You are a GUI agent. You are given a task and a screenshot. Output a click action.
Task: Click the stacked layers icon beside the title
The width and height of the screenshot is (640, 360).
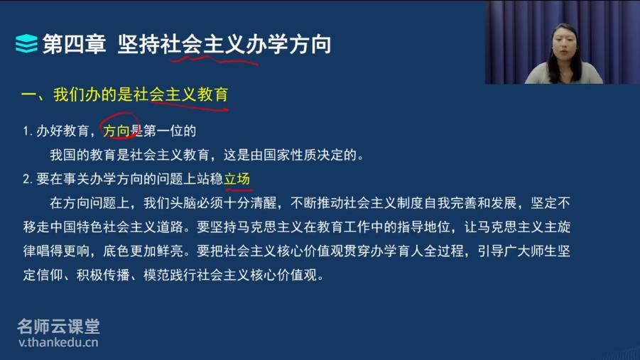coord(26,44)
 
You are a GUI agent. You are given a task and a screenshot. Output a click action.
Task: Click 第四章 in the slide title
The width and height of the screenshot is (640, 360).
coord(74,44)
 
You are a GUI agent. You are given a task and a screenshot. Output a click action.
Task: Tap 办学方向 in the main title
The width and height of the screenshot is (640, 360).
coord(288,44)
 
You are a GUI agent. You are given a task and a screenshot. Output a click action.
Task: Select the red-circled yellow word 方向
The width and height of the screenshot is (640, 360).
coord(116,131)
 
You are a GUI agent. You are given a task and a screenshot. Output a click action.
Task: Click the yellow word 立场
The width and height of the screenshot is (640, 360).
coord(237,179)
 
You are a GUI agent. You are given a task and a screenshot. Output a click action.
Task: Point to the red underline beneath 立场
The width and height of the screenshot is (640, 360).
coord(239,189)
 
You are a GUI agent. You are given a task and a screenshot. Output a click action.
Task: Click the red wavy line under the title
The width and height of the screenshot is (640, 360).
coord(215,60)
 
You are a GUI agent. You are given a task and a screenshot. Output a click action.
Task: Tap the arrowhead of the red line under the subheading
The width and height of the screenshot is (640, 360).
coord(226,109)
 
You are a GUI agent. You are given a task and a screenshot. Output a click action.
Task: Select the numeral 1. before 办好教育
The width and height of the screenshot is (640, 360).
coord(27,131)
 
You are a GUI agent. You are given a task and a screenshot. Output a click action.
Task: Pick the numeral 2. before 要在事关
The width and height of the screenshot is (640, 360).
coord(27,179)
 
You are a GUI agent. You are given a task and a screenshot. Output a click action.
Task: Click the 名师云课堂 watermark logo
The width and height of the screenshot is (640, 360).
coord(58,326)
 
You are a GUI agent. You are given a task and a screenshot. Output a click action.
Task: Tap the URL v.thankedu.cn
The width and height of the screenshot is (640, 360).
coord(58,342)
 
